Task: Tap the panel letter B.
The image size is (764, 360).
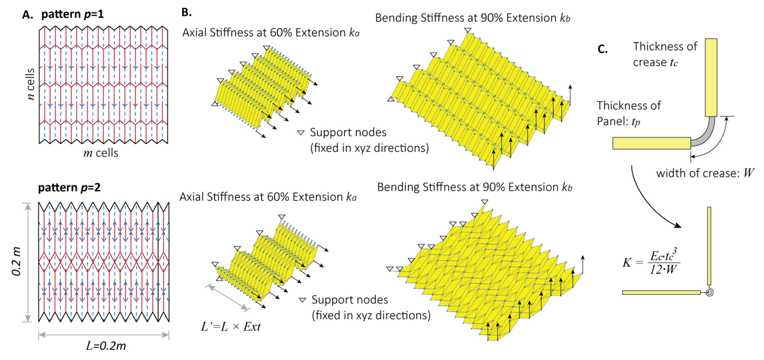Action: [187, 13]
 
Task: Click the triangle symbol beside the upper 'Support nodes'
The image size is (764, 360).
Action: [300, 133]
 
